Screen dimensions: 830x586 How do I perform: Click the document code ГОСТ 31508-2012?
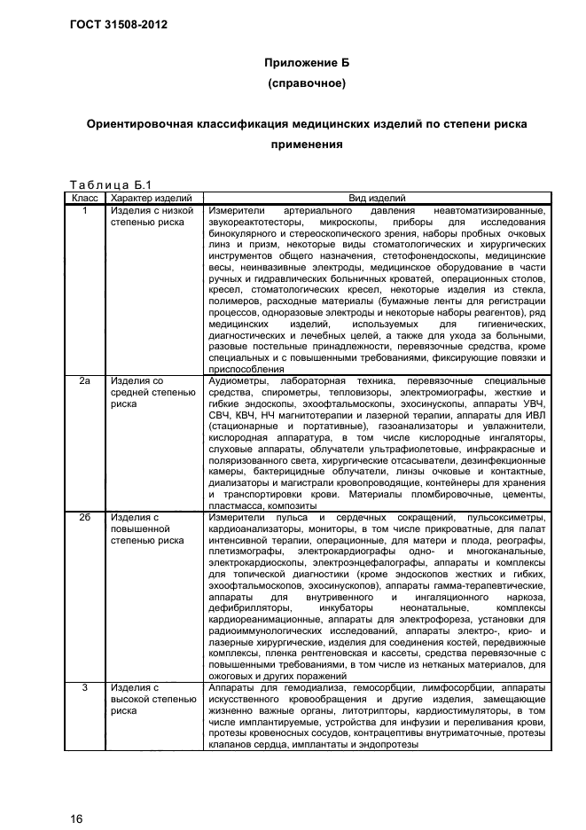118,24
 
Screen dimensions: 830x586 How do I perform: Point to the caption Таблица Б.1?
105,184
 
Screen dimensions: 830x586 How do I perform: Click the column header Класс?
84,198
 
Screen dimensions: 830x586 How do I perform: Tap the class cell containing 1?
84,210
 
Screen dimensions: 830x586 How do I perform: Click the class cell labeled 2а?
84,381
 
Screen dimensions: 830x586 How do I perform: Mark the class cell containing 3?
84,687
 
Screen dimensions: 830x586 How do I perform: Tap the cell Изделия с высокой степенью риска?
147,699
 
